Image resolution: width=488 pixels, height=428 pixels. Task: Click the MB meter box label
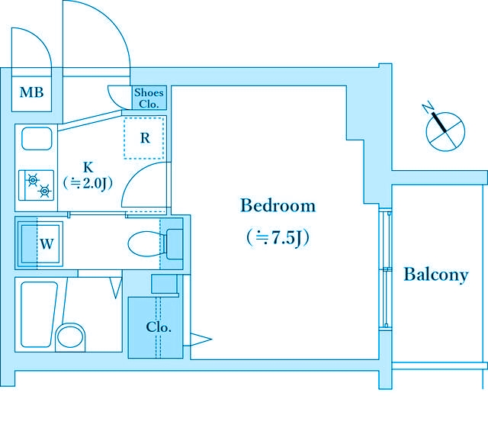coord(31,92)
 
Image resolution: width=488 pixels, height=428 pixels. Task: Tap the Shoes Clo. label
coord(149,98)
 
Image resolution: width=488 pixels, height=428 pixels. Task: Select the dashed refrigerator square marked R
coord(144,138)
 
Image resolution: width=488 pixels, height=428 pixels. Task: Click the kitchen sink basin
coord(37,138)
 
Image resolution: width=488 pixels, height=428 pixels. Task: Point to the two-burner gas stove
coord(36,185)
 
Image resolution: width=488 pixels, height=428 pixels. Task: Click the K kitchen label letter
coord(88,167)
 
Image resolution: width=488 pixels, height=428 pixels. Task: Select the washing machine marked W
coord(40,243)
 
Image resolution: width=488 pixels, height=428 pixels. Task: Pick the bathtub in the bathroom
coord(39,314)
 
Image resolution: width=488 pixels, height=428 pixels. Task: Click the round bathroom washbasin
coord(70,337)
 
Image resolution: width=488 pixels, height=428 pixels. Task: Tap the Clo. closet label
coord(159,327)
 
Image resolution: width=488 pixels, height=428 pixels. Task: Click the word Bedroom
coord(278,205)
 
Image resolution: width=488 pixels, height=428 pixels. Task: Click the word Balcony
coord(435,275)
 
